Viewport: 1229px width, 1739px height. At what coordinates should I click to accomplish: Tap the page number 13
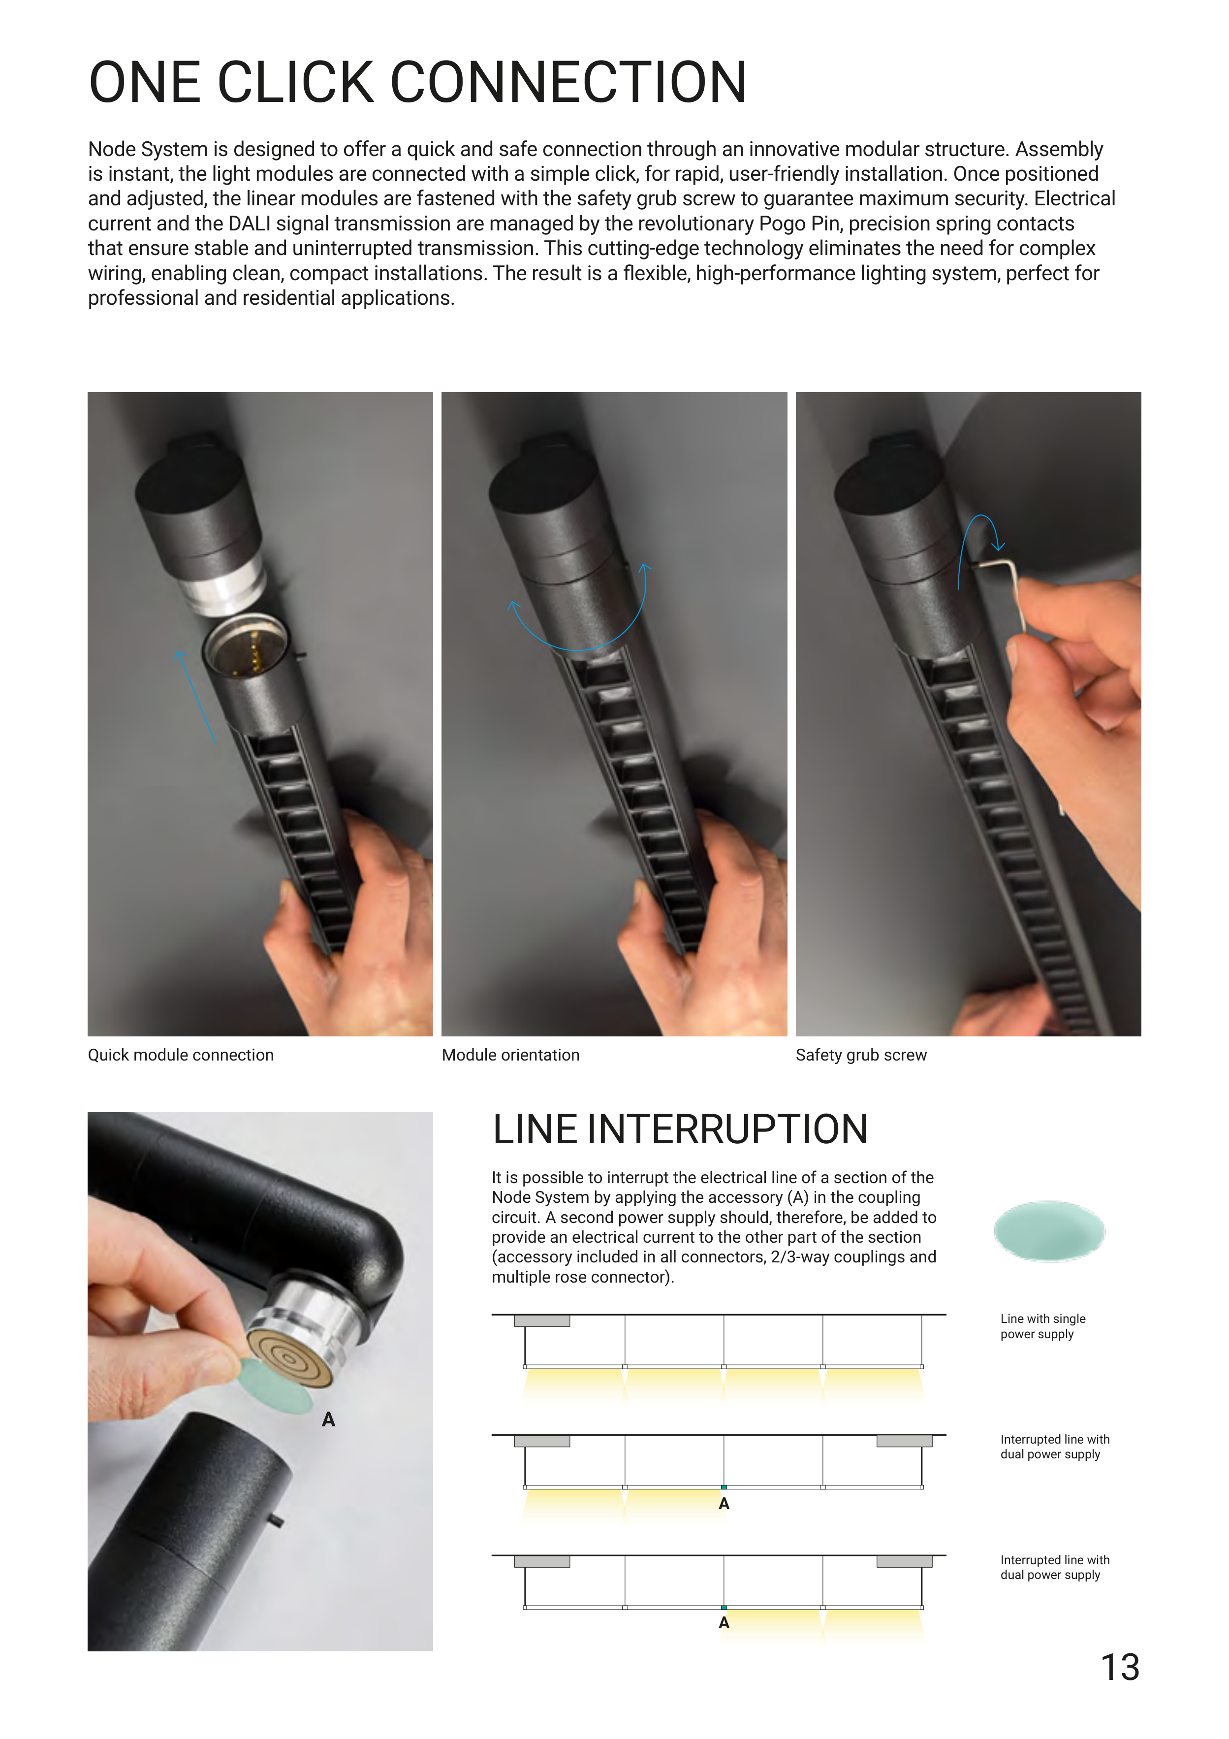[x=1120, y=1667]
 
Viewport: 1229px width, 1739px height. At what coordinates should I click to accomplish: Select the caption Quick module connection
[x=181, y=1055]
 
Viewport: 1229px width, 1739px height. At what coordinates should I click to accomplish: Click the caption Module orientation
[x=510, y=1055]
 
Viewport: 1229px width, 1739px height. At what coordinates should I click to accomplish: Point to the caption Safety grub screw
[x=861, y=1055]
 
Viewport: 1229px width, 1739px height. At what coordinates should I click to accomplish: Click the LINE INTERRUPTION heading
[x=680, y=1129]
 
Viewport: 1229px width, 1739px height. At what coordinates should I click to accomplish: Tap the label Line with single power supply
[x=1043, y=1326]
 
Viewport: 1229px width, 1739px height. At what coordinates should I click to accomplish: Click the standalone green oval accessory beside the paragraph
[x=1049, y=1231]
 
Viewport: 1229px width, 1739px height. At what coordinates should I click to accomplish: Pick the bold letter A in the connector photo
[x=328, y=1419]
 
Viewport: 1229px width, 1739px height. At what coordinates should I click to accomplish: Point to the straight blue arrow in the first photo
[x=195, y=695]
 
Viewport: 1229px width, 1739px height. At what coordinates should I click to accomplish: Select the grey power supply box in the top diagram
[x=542, y=1321]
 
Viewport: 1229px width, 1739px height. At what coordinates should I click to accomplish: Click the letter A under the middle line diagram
[x=724, y=1504]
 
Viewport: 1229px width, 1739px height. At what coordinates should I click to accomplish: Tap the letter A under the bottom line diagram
[x=724, y=1623]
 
